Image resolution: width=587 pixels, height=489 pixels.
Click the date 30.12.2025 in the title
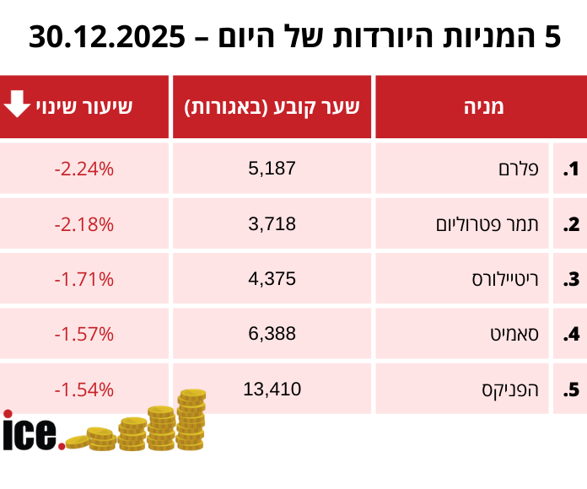point(107,37)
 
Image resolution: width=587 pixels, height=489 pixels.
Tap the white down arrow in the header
point(17,105)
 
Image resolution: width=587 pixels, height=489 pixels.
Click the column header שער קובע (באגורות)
point(272,106)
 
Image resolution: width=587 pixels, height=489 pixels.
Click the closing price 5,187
point(272,169)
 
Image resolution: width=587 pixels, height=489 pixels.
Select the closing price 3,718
point(272,224)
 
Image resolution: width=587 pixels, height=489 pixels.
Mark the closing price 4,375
point(272,279)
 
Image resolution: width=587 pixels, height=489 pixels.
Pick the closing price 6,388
point(272,334)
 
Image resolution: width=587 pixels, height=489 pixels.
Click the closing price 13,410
point(272,390)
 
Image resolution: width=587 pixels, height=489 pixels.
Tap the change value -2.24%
point(83,169)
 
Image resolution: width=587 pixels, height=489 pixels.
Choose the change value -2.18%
point(83,224)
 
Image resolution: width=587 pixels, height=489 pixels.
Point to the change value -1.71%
point(83,279)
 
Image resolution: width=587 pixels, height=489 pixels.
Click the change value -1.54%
point(83,390)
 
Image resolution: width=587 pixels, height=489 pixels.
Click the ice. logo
point(32,432)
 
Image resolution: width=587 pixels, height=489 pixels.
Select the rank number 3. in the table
point(571,280)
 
